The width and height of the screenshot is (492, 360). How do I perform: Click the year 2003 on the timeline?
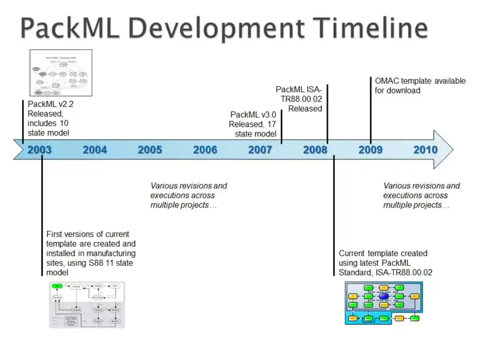pyautogui.click(x=40, y=150)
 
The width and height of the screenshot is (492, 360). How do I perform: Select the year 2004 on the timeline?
pyautogui.click(x=95, y=150)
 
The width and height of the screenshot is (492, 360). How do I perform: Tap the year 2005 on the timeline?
pyautogui.click(x=150, y=150)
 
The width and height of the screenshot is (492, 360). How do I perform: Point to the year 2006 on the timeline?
pyautogui.click(x=205, y=150)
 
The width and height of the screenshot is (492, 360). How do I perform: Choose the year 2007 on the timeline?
pyautogui.click(x=260, y=150)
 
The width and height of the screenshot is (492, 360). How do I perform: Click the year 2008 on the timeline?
pyautogui.click(x=315, y=150)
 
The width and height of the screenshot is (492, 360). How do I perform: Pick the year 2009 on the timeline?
pyautogui.click(x=370, y=150)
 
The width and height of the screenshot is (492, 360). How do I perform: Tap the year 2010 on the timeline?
pyautogui.click(x=426, y=150)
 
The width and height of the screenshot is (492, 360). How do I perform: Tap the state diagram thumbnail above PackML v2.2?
pyautogui.click(x=61, y=73)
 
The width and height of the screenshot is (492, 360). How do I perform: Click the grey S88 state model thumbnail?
pyautogui.click(x=87, y=305)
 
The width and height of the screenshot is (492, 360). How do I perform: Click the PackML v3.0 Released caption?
pyautogui.click(x=253, y=124)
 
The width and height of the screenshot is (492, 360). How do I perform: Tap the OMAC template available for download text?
pyautogui.click(x=420, y=86)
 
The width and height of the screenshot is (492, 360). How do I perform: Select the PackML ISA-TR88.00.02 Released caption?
pyautogui.click(x=299, y=99)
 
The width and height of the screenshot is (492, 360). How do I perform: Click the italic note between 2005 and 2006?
pyautogui.click(x=189, y=195)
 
